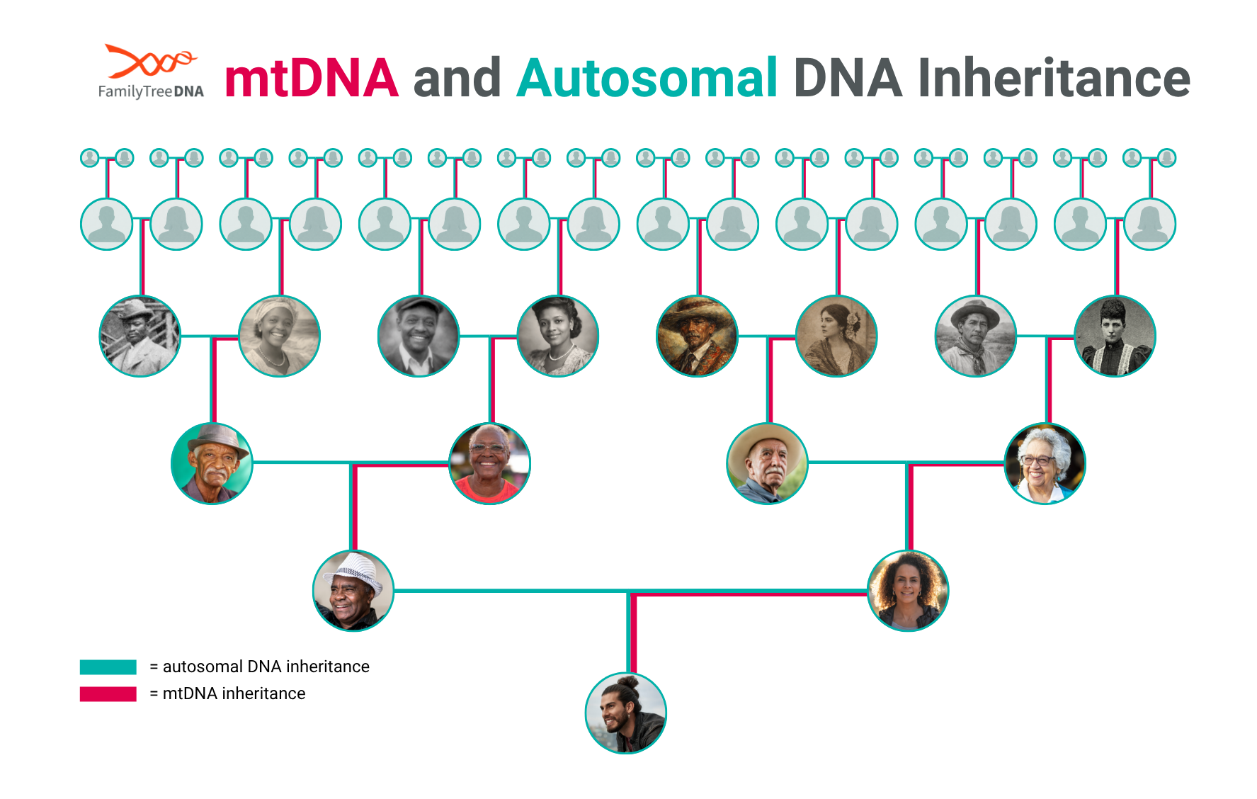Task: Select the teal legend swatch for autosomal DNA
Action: pos(108,667)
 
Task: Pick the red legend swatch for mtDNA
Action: pos(108,693)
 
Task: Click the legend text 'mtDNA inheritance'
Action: pos(234,693)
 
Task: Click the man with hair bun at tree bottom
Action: pos(626,713)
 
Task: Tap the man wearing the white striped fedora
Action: pos(353,591)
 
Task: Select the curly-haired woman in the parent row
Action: pos(908,591)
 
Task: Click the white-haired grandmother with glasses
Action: pos(1045,463)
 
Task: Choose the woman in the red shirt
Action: pos(489,463)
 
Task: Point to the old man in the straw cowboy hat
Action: pos(767,463)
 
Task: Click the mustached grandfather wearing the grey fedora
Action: pos(212,463)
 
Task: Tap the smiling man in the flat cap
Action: pos(419,336)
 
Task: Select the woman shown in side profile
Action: pos(836,336)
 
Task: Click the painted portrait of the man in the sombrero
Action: pos(697,336)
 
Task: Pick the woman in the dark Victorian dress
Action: pos(1115,336)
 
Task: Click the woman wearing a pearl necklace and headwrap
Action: pos(279,336)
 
